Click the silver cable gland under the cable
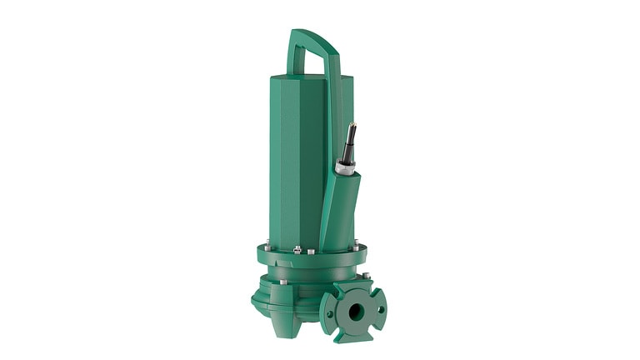[x=344, y=166]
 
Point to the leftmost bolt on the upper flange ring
[x=267, y=247]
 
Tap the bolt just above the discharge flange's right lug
[x=365, y=276]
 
